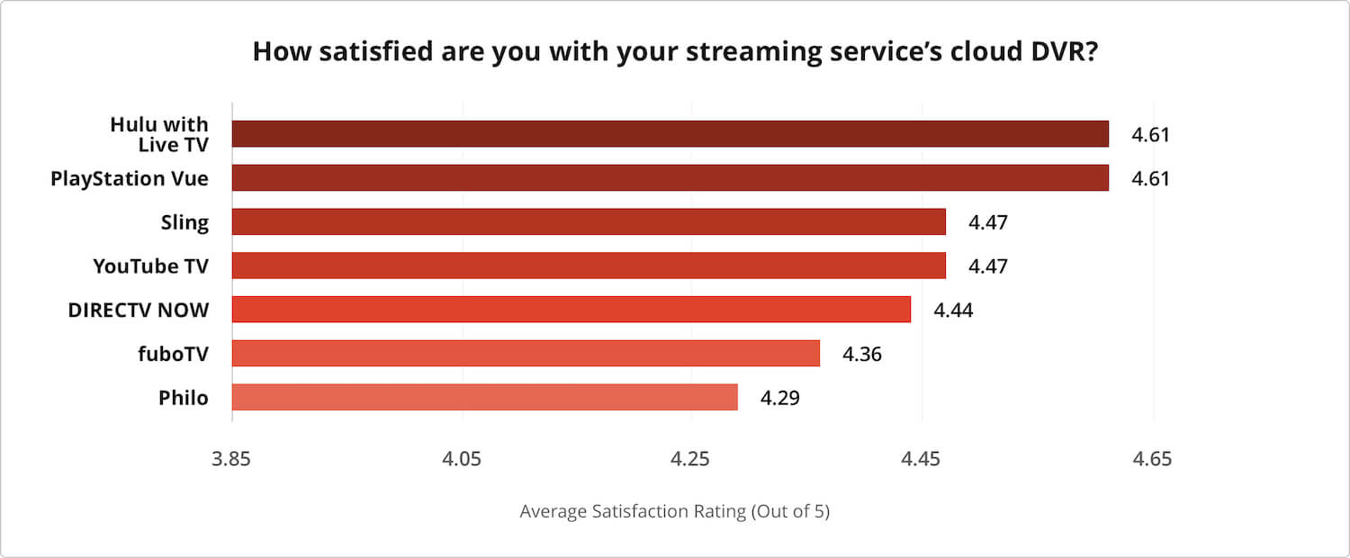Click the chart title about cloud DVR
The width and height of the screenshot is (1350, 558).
click(674, 51)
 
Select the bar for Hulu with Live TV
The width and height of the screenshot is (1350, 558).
click(670, 134)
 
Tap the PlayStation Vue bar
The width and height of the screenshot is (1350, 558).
click(670, 178)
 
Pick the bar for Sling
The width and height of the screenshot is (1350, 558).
click(589, 221)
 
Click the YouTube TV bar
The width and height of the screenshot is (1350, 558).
click(589, 265)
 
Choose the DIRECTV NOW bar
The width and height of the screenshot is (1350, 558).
click(571, 310)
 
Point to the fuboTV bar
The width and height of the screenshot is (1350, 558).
click(526, 354)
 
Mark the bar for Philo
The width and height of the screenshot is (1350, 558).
click(484, 397)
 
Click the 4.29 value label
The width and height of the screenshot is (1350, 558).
click(779, 398)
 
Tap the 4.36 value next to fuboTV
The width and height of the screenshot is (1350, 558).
click(861, 354)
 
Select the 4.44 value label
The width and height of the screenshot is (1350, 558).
click(953, 310)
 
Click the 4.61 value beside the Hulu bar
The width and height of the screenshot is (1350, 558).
click(1150, 135)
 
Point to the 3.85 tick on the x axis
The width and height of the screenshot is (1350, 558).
click(232, 459)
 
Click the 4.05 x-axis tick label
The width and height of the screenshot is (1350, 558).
click(462, 459)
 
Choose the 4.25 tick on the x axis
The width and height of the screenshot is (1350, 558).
click(690, 459)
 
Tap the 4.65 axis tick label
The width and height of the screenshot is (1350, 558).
click(1152, 459)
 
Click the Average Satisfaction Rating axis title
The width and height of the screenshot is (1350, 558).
click(674, 512)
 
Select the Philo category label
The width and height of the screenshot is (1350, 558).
click(184, 398)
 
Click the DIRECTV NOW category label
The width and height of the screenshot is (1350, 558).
click(139, 310)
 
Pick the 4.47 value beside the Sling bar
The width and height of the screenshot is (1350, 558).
click(987, 222)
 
